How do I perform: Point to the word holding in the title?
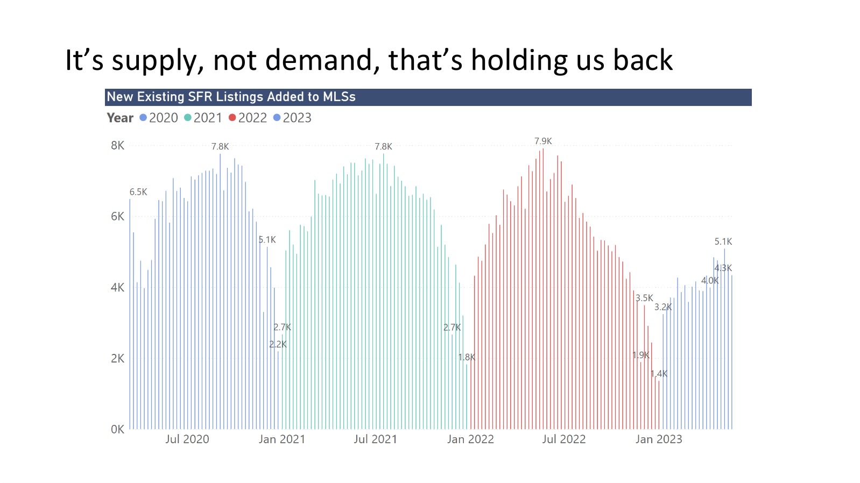tap(519, 61)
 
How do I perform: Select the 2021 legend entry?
tap(203, 118)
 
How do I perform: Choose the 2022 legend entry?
tap(248, 118)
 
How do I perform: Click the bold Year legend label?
tap(120, 118)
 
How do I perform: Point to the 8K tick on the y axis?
tap(117, 145)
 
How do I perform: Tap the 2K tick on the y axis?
tap(117, 358)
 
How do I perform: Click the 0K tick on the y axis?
tap(117, 429)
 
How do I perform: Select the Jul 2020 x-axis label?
tap(187, 439)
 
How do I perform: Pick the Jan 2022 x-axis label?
tap(470, 439)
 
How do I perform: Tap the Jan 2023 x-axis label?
tap(659, 439)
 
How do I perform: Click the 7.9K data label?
tap(543, 141)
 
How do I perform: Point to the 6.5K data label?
tap(138, 192)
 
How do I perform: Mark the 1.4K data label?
tap(659, 374)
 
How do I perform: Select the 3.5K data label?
tap(644, 298)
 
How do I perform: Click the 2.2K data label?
tap(278, 345)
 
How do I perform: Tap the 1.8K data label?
tap(467, 357)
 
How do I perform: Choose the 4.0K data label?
tap(710, 280)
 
